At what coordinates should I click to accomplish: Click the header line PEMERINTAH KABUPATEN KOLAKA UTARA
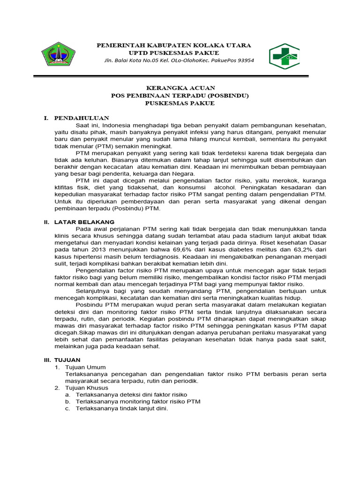pyautogui.click(x=173, y=45)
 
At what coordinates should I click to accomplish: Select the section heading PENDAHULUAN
pyautogui.click(x=82, y=118)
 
